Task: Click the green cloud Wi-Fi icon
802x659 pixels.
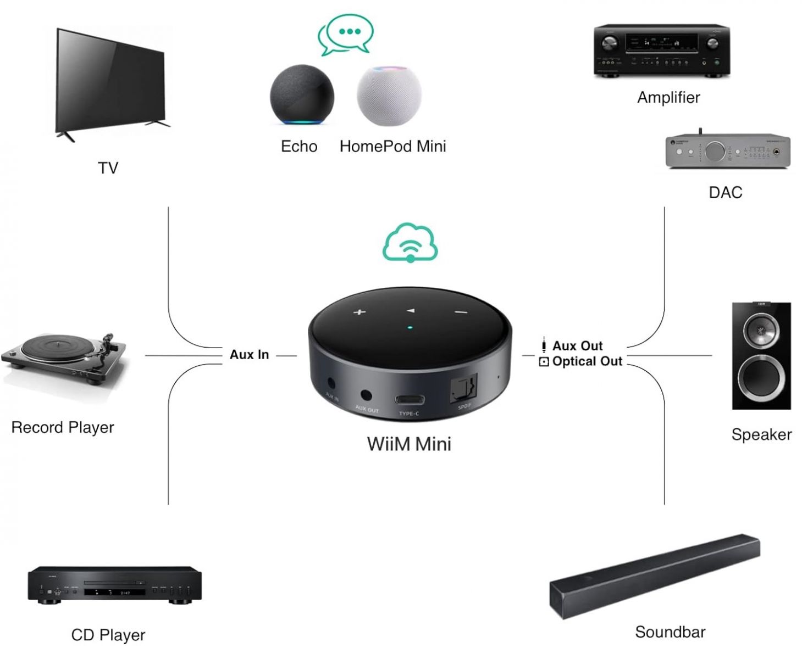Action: pyautogui.click(x=410, y=242)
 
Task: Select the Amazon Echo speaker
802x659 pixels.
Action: pyautogui.click(x=301, y=96)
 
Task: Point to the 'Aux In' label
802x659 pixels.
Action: pyautogui.click(x=249, y=355)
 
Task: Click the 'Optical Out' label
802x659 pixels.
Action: pyautogui.click(x=587, y=361)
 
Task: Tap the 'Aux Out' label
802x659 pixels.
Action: pyautogui.click(x=577, y=346)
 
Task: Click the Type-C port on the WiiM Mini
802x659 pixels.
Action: pyautogui.click(x=409, y=399)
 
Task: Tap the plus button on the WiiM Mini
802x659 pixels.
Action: pyautogui.click(x=359, y=312)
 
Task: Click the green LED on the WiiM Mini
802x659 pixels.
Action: pyautogui.click(x=410, y=328)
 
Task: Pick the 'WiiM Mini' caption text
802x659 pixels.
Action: pyautogui.click(x=409, y=444)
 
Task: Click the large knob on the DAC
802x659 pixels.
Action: pyautogui.click(x=715, y=150)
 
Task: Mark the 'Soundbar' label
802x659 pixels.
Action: pyautogui.click(x=670, y=632)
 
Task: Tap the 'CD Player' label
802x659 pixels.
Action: pyautogui.click(x=108, y=635)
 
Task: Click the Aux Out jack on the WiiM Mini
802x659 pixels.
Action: pyautogui.click(x=366, y=395)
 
